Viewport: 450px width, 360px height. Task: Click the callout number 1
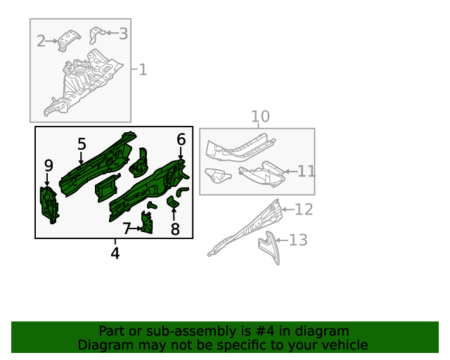pyautogui.click(x=143, y=70)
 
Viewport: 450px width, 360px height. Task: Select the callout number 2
pyautogui.click(x=41, y=41)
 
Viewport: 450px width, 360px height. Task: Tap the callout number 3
pyautogui.click(x=123, y=33)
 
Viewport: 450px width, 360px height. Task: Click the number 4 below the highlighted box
pyautogui.click(x=115, y=253)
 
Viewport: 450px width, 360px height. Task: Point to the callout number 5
pyautogui.click(x=82, y=144)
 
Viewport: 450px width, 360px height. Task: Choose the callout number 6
pyautogui.click(x=181, y=140)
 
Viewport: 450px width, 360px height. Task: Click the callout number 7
pyautogui.click(x=127, y=229)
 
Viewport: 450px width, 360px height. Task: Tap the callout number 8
pyautogui.click(x=175, y=229)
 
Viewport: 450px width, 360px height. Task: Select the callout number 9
pyautogui.click(x=49, y=165)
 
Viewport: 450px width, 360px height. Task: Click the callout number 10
pyautogui.click(x=260, y=117)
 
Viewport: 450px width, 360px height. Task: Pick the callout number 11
pyautogui.click(x=307, y=171)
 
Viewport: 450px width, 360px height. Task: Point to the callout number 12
pyautogui.click(x=303, y=209)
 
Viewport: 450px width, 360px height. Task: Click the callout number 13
pyautogui.click(x=298, y=240)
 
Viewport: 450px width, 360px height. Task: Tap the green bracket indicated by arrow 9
pyautogui.click(x=49, y=202)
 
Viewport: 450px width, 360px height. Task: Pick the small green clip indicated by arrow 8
pyautogui.click(x=173, y=203)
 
